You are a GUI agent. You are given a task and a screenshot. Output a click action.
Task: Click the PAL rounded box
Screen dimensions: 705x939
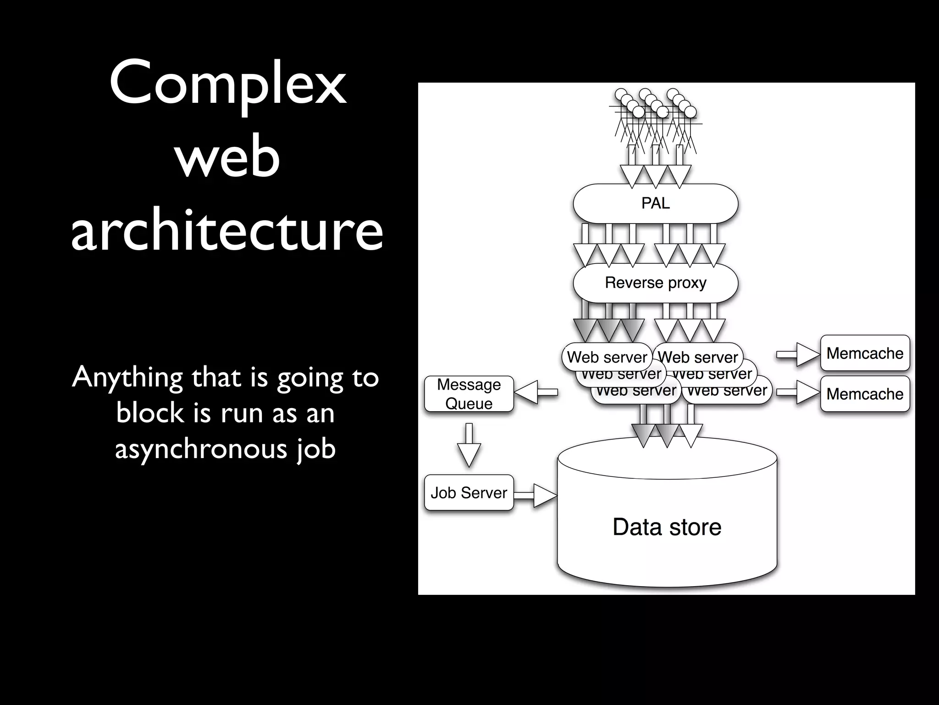(x=655, y=203)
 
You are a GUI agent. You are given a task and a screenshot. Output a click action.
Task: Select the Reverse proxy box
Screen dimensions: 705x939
(x=655, y=283)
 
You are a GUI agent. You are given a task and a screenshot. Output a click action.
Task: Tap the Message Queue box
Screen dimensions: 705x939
(x=469, y=394)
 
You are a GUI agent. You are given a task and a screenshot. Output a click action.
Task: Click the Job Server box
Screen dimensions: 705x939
(x=469, y=492)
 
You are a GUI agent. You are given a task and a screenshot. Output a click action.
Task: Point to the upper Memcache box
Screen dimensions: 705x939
(x=865, y=353)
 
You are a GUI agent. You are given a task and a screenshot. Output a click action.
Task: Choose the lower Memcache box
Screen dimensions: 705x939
(x=865, y=394)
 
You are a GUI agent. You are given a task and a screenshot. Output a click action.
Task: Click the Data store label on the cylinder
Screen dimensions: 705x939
(x=667, y=527)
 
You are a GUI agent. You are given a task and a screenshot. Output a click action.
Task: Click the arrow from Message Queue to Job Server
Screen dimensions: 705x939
(x=469, y=445)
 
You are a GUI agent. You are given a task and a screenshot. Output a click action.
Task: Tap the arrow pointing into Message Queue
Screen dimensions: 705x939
(x=536, y=392)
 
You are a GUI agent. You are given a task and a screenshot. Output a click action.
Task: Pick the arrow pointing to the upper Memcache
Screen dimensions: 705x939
(x=798, y=354)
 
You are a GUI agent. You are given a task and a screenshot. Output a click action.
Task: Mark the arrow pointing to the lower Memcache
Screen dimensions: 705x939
(x=798, y=392)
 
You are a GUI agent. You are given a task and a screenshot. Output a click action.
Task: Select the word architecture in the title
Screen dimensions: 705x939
(x=227, y=229)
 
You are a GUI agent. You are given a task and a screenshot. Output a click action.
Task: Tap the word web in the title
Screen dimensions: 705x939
(x=227, y=158)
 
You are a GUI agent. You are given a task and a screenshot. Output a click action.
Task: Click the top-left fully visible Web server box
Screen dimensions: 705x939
(x=607, y=357)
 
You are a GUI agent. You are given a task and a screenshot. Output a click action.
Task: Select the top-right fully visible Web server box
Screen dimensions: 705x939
(x=698, y=357)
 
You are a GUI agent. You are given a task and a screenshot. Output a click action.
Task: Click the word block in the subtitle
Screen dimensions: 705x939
(x=149, y=413)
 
